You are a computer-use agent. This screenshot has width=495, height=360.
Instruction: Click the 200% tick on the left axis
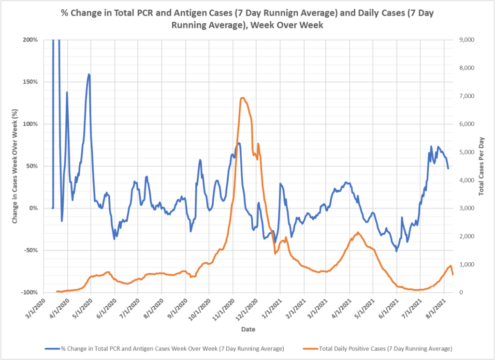coord(30,40)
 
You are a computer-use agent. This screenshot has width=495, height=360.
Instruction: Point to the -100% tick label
coord(29,293)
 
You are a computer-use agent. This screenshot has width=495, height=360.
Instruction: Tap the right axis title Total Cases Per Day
coord(481,166)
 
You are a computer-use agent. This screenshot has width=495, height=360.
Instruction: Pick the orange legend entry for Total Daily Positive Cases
coord(377,348)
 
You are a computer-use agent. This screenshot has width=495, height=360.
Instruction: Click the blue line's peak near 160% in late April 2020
coord(89,74)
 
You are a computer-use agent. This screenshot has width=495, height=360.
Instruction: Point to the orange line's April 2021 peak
coord(357,232)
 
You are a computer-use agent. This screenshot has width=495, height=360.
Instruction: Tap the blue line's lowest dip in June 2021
coord(396,251)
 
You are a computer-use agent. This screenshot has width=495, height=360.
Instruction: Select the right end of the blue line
coord(448,168)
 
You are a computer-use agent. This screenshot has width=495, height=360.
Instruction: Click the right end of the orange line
coord(453,275)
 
